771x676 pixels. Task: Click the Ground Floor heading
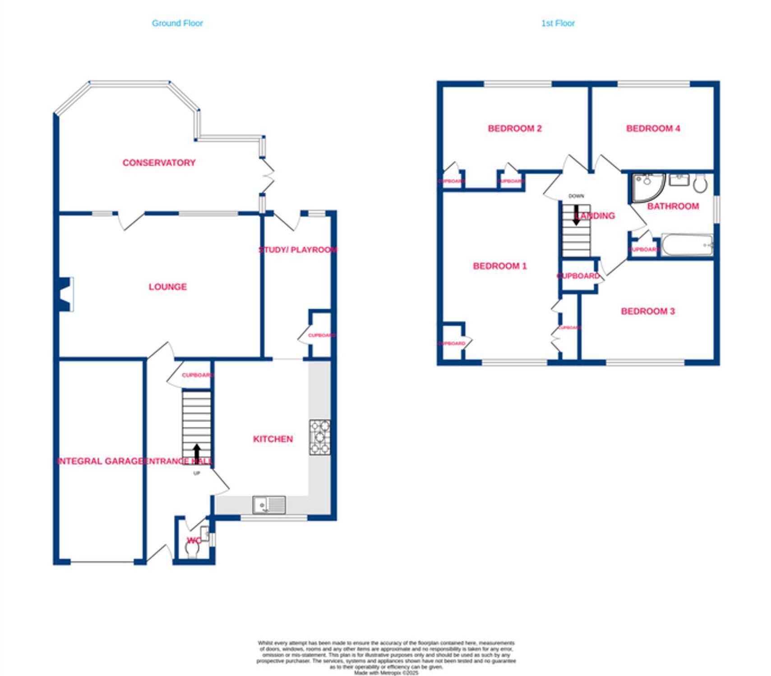pos(177,23)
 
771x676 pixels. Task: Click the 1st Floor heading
pos(558,23)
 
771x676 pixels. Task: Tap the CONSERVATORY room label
pos(159,163)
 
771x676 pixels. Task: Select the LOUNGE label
pos(167,287)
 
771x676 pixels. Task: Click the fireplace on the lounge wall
pos(66,294)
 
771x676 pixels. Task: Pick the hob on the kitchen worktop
pos(319,437)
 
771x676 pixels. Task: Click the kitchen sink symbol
pos(269,505)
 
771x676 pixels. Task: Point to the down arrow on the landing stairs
pos(576,215)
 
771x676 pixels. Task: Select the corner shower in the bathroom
pos(646,187)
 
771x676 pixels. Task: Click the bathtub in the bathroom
pos(687,245)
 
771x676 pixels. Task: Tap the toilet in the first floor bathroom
pos(700,183)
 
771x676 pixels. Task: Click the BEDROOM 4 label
pos(653,128)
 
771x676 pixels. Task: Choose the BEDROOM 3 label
pos(647,311)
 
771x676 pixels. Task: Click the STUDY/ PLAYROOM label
pos(298,250)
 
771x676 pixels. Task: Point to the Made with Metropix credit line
pos(386,673)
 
